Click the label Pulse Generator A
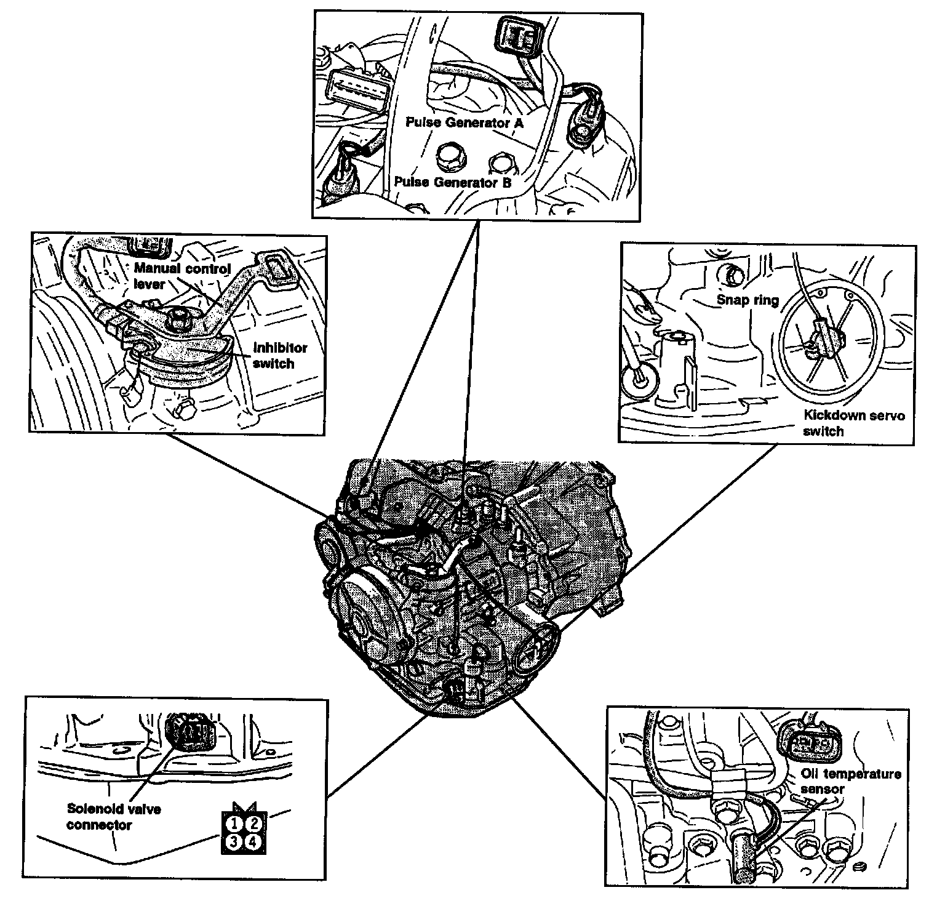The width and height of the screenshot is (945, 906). (x=464, y=122)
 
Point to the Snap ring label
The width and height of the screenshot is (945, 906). (x=748, y=300)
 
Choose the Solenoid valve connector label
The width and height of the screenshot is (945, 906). (x=113, y=817)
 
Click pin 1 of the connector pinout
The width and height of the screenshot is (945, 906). (x=233, y=823)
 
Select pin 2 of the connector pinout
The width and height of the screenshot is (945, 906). (x=253, y=823)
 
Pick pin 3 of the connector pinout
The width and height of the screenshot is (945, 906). (x=233, y=842)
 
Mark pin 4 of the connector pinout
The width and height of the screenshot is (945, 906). (x=253, y=842)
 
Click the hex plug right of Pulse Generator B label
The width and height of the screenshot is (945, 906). (x=501, y=165)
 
